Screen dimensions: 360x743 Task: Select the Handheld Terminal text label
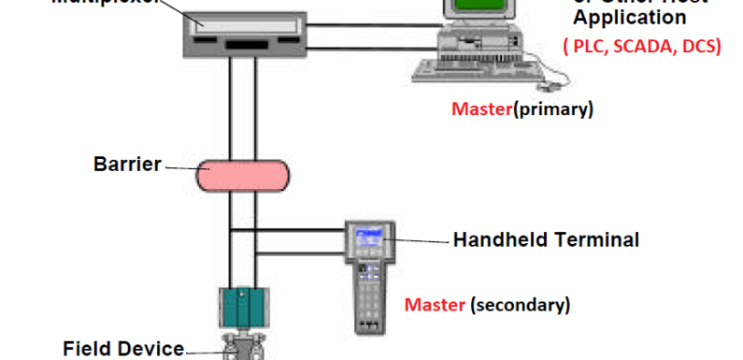pyautogui.click(x=546, y=239)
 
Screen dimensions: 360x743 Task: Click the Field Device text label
pyautogui.click(x=123, y=350)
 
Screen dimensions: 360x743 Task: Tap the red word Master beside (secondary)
pyautogui.click(x=435, y=305)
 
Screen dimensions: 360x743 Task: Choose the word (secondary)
pyautogui.click(x=520, y=305)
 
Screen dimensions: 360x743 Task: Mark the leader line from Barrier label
pyautogui.click(x=179, y=167)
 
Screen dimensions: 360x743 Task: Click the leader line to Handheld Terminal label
pyautogui.click(x=419, y=240)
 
